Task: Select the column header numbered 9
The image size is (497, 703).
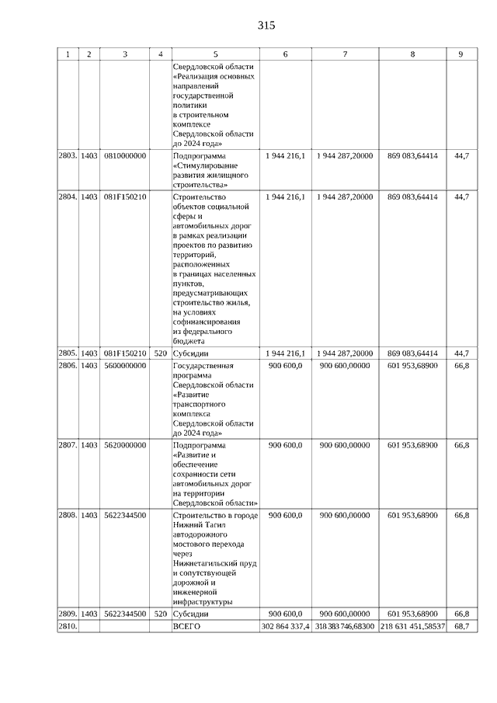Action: (461, 54)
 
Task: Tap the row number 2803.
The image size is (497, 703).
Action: (68, 156)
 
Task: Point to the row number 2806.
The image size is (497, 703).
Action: (68, 365)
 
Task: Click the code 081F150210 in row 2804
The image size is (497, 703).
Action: (125, 197)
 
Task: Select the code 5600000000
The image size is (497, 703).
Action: (125, 365)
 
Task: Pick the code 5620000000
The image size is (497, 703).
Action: (125, 445)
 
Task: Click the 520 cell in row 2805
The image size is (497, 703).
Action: (160, 353)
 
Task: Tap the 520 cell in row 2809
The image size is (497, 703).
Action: (160, 614)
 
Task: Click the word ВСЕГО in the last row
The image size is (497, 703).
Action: (187, 626)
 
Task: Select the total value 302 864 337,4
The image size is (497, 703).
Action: (286, 626)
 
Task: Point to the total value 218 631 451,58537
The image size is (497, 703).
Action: (412, 626)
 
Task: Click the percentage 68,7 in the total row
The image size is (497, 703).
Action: (461, 626)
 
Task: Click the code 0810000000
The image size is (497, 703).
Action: (125, 156)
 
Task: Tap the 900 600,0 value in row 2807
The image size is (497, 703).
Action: (285, 445)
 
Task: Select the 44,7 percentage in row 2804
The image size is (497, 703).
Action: (461, 197)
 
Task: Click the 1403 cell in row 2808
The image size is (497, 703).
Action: (89, 515)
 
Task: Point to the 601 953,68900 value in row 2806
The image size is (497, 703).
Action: (412, 365)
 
